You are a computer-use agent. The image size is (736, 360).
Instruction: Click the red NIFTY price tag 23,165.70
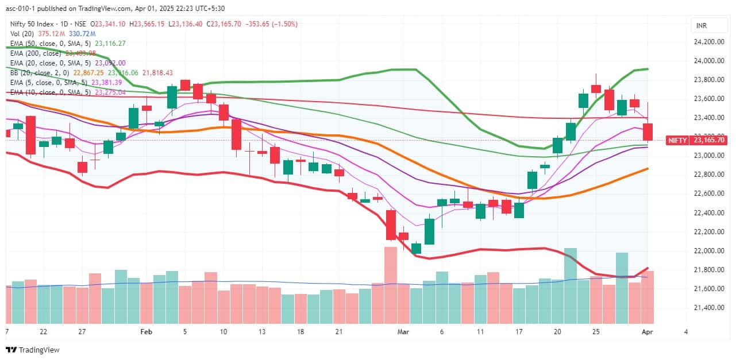(708, 140)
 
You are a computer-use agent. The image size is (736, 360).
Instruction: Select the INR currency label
(702, 26)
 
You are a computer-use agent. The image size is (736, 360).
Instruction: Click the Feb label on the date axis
(146, 332)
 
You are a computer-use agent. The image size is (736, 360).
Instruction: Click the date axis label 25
(596, 332)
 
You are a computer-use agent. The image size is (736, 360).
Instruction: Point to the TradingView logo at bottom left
(33, 350)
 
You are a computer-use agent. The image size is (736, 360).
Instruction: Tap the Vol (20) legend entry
(22, 33)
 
